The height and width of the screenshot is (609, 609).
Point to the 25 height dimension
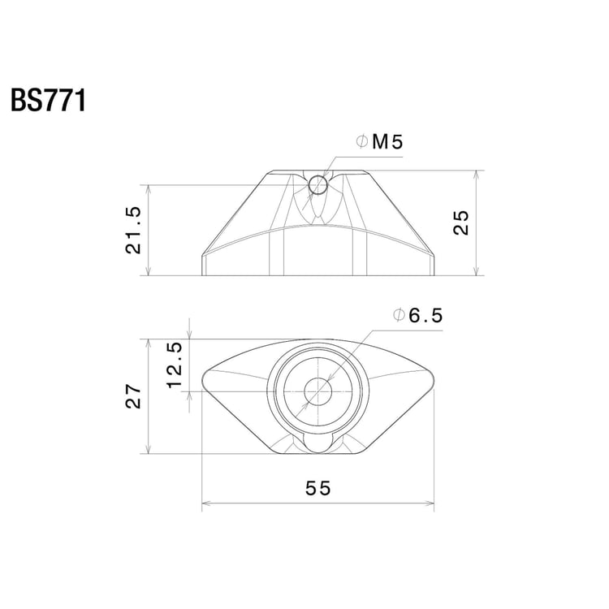pos(460,222)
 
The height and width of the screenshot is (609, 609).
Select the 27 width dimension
pos(134,396)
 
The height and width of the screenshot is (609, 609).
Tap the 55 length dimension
pos(318,488)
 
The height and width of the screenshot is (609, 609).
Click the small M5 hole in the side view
pos(317,186)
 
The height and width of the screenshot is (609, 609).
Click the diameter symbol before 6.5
pos(397,317)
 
